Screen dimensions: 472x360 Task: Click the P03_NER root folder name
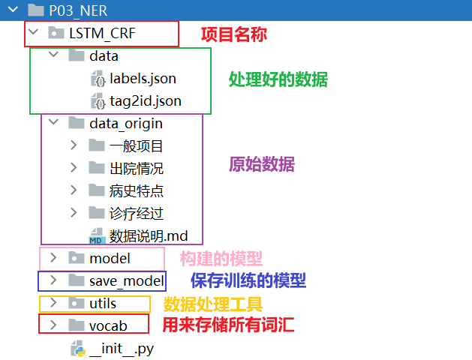click(78, 11)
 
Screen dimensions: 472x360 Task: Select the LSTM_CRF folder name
click(102, 33)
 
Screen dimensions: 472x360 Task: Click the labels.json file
click(143, 79)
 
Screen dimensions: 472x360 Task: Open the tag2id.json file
click(146, 101)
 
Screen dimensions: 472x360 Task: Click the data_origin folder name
click(126, 124)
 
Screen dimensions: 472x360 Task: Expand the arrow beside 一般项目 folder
click(74, 145)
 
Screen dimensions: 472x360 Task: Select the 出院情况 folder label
click(137, 169)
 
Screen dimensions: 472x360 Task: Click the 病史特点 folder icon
click(97, 190)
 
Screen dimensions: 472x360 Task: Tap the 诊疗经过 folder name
click(137, 214)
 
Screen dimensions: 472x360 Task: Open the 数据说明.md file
click(149, 236)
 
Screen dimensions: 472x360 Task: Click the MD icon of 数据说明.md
click(97, 236)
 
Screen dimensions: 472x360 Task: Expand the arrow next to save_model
click(53, 280)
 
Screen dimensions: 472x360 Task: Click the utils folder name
click(103, 304)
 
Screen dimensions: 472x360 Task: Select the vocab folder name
click(108, 326)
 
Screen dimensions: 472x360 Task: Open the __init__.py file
click(122, 349)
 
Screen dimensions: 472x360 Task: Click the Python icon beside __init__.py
click(78, 349)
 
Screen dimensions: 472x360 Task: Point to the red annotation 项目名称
click(234, 34)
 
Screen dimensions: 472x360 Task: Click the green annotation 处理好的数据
click(278, 79)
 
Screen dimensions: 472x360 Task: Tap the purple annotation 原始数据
click(262, 164)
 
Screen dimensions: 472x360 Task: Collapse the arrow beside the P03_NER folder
click(13, 10)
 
